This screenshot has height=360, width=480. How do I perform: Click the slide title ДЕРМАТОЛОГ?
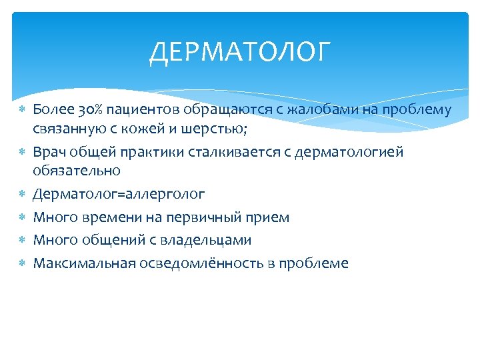240,52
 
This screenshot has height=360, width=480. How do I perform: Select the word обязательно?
77,170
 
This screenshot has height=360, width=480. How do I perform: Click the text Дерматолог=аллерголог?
119,194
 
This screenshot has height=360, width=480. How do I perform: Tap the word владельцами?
209,239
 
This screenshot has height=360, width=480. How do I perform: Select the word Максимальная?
84,263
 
